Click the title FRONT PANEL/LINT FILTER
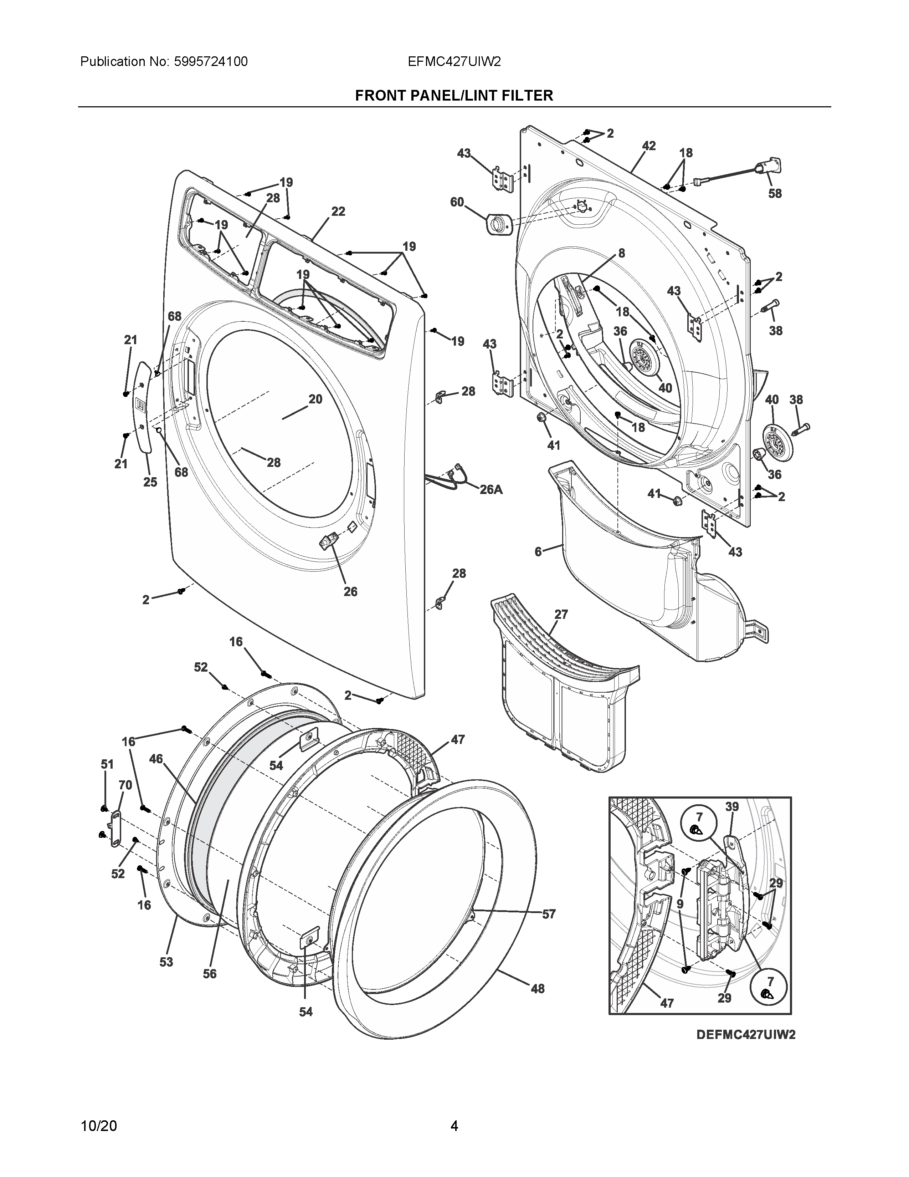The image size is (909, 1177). tap(454, 95)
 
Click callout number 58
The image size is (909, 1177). tap(774, 193)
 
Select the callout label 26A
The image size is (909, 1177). tap(491, 490)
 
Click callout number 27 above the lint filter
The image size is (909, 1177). tap(561, 615)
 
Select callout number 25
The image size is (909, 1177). tap(150, 482)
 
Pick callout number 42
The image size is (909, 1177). tap(648, 146)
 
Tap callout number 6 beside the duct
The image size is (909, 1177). tap(538, 552)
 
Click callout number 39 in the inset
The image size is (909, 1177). tap(732, 807)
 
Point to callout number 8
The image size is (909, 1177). tap(621, 253)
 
